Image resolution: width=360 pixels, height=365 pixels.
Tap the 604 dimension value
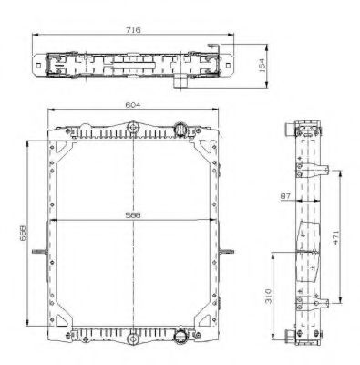point(137,106)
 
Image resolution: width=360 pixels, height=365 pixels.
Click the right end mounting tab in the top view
point(228,64)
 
